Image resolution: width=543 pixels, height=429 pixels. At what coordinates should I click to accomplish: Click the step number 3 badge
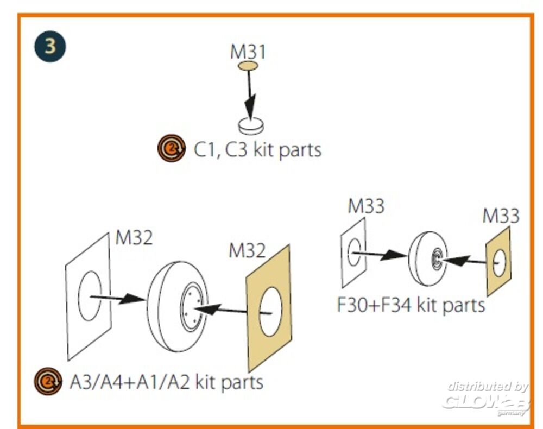(x=50, y=46)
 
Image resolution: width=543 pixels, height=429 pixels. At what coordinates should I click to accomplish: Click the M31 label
(x=248, y=52)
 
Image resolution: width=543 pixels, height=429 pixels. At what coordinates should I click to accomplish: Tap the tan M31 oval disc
(x=248, y=66)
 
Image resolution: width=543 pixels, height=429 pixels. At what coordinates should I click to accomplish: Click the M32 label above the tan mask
(x=247, y=251)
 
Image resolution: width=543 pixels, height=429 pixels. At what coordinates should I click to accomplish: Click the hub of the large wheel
(x=192, y=306)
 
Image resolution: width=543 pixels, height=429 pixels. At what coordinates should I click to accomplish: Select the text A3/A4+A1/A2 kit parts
(x=167, y=381)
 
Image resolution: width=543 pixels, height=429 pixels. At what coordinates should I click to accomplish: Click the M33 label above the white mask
(x=366, y=206)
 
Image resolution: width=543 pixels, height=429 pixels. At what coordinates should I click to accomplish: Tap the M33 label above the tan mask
(x=501, y=216)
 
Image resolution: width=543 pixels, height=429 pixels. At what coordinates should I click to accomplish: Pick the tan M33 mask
(x=498, y=262)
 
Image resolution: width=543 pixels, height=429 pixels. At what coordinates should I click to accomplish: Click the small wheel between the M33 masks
(x=427, y=259)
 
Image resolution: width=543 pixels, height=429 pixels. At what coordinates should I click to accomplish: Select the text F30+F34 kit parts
(x=411, y=305)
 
